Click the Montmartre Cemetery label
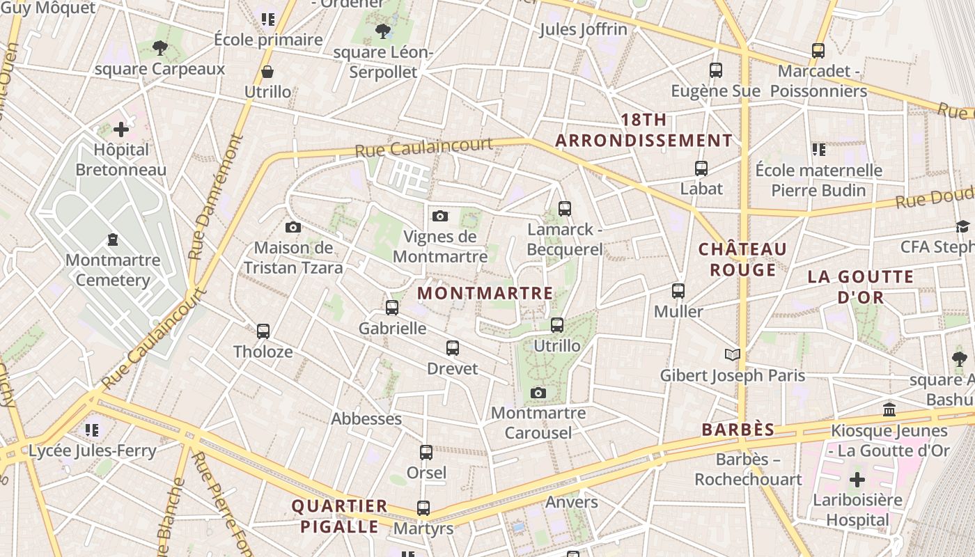click(113, 270)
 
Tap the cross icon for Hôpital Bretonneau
click(121, 129)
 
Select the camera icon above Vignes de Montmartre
click(439, 217)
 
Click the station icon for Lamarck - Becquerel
click(564, 208)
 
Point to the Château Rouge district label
click(742, 260)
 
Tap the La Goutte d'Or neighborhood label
click(861, 287)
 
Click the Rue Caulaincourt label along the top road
click(423, 147)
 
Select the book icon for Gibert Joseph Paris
click(732, 355)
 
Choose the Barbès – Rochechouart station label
click(749, 469)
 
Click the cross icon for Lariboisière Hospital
click(857, 480)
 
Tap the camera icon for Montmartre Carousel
click(538, 393)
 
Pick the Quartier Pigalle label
click(339, 516)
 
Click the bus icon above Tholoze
click(263, 331)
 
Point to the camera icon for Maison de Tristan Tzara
click(293, 227)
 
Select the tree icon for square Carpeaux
click(160, 48)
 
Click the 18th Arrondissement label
click(644, 130)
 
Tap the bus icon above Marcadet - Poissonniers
click(818, 50)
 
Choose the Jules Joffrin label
click(583, 29)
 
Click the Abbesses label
click(366, 418)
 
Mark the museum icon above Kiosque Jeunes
click(889, 410)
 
